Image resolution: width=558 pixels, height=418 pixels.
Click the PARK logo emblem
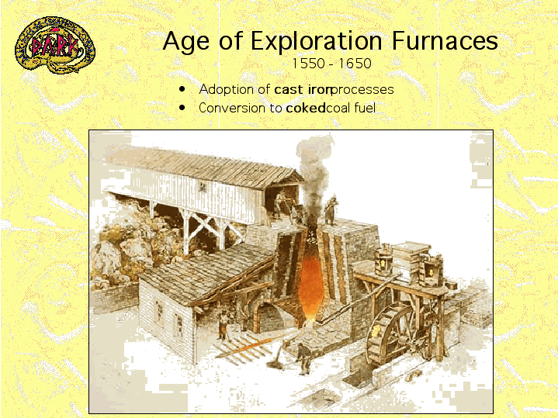click(x=55, y=45)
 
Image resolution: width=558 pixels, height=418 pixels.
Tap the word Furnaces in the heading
click(x=445, y=40)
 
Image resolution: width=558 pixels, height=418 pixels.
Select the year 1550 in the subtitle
click(x=308, y=64)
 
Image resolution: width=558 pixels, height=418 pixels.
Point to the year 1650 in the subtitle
click(x=355, y=64)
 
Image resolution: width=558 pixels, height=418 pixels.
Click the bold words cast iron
click(x=303, y=89)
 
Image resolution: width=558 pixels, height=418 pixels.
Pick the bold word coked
click(x=306, y=108)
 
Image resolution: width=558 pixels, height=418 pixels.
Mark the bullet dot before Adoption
click(x=182, y=88)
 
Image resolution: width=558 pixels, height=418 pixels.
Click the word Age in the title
click(x=186, y=42)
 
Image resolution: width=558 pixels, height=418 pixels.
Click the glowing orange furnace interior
click(x=309, y=285)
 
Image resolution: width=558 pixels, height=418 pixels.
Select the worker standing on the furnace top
click(x=331, y=210)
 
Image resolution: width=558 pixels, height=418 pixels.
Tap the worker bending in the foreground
click(x=303, y=358)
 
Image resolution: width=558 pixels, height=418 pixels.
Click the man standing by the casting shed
click(x=224, y=324)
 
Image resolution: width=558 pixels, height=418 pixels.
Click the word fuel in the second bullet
click(x=365, y=108)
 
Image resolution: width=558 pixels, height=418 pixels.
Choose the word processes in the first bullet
click(x=362, y=90)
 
